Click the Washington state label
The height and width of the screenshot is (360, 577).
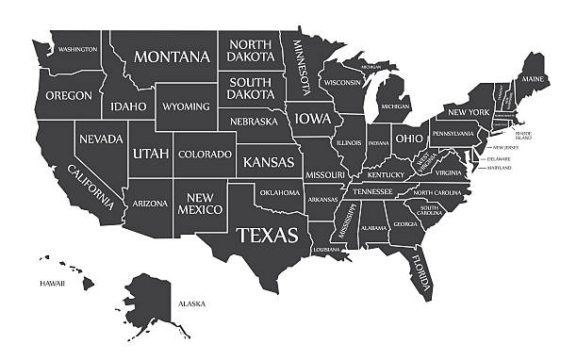(77, 48)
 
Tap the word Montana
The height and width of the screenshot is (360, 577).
(173, 57)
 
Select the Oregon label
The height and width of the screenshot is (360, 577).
(69, 95)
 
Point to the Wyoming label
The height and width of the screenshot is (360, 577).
(186, 106)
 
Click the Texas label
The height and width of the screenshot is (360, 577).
(267, 234)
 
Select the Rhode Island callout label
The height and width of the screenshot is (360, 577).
(523, 135)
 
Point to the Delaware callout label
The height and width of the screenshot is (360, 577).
(500, 159)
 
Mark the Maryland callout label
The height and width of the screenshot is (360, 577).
(500, 170)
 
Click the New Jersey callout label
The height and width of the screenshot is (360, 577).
(505, 148)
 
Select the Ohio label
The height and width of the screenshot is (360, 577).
(408, 138)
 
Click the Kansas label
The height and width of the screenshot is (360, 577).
(268, 162)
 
